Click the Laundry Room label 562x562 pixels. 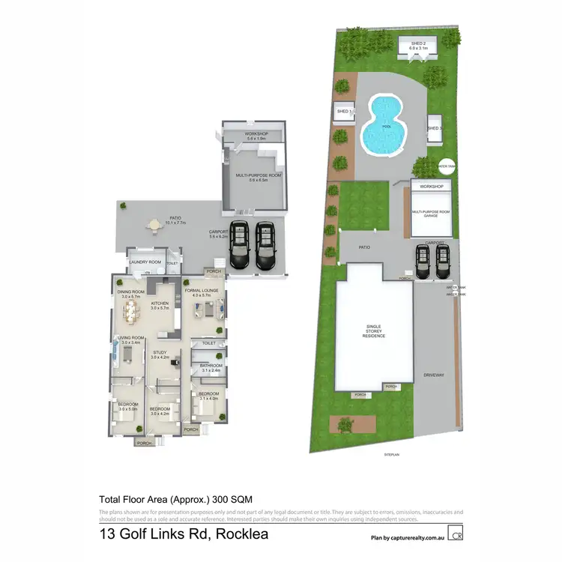(145, 262)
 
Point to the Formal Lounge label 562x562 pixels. (202, 290)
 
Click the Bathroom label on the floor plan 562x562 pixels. (211, 366)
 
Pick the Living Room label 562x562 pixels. (130, 338)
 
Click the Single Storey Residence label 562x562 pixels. (375, 330)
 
